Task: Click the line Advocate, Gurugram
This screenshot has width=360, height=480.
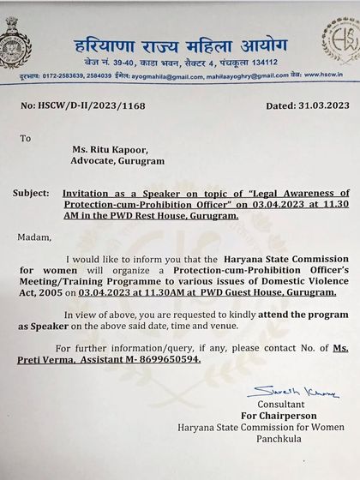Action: (118, 160)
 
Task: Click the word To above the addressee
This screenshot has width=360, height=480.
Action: (25, 136)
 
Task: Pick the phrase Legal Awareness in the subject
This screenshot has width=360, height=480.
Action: (279, 194)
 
